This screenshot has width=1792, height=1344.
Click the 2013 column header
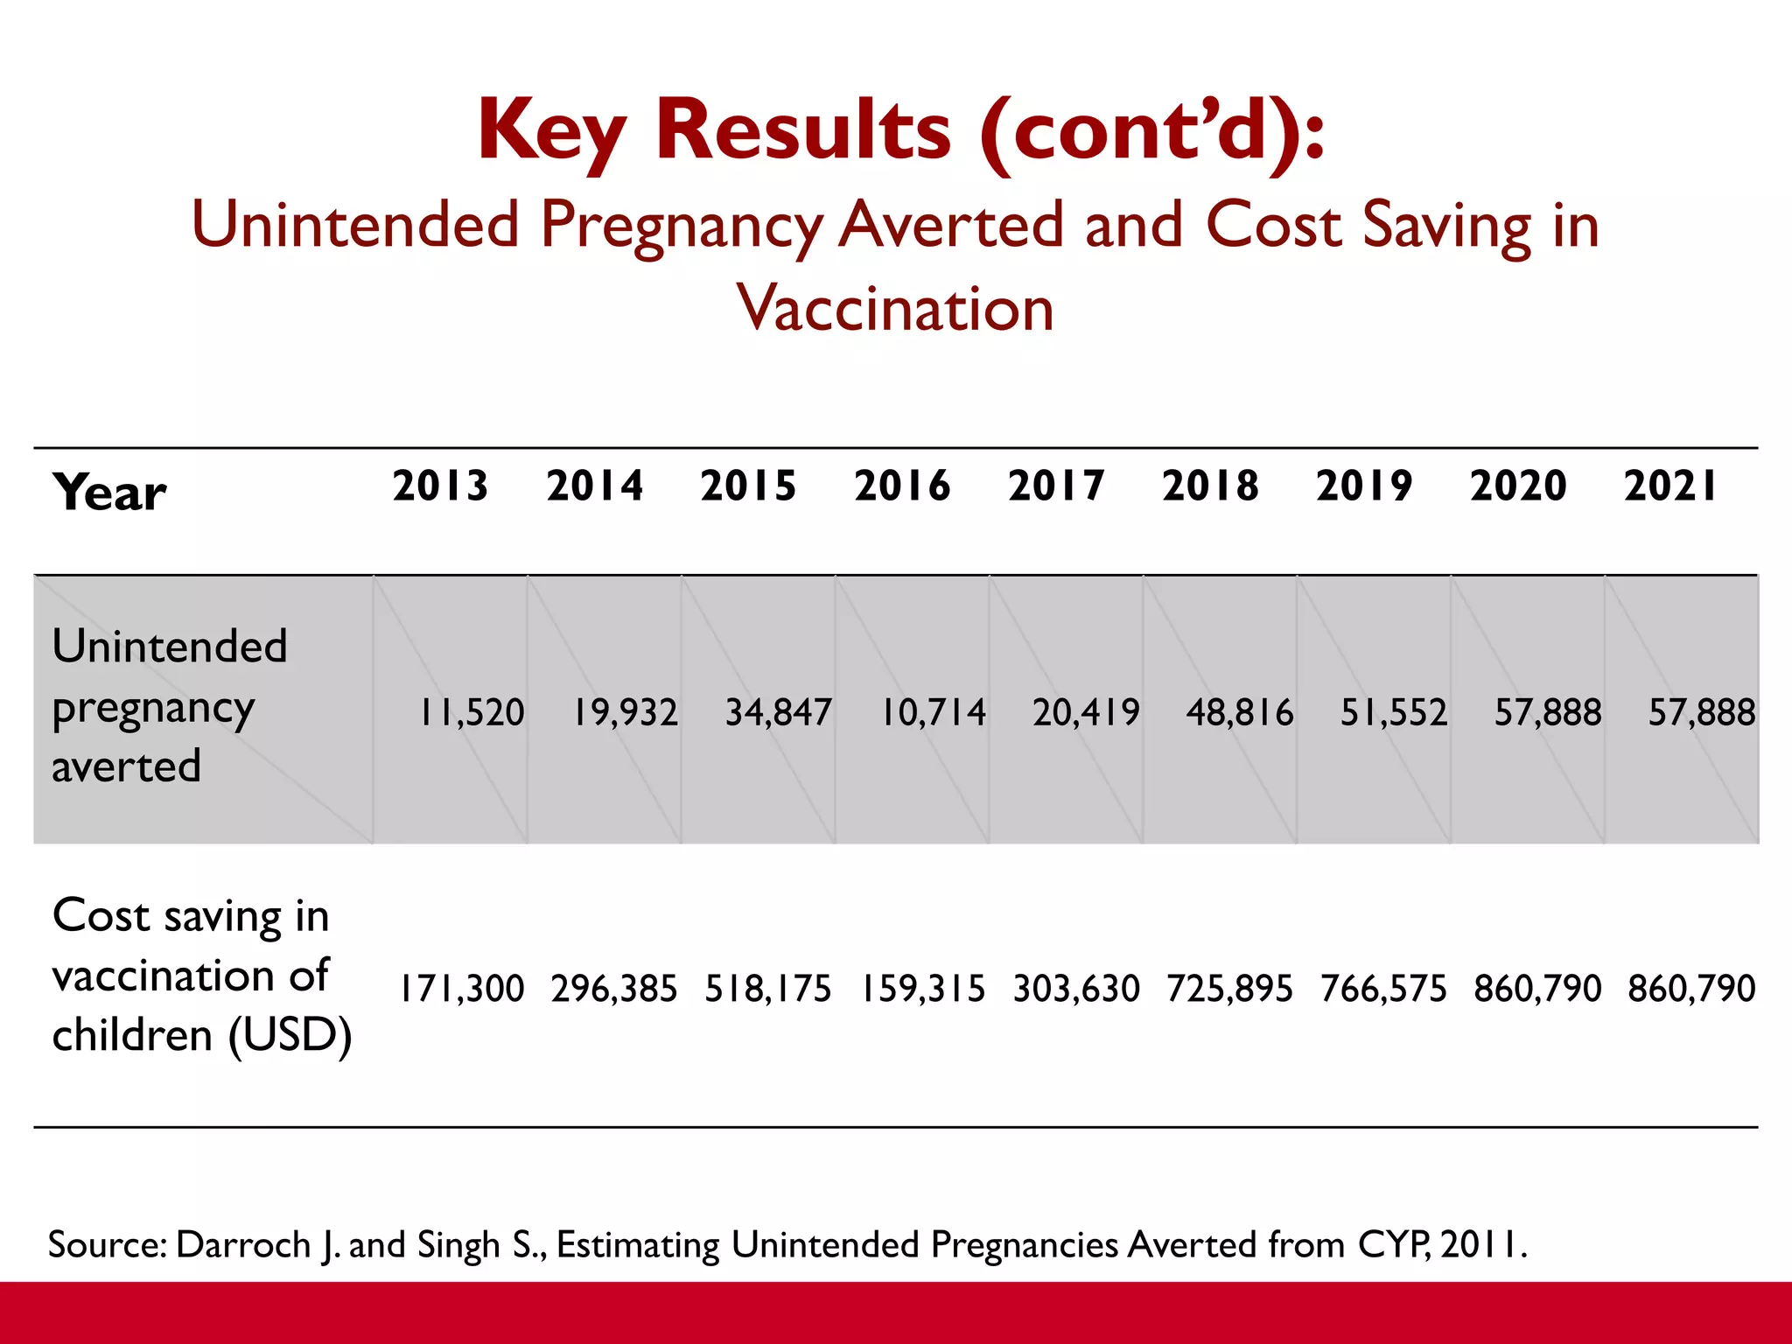(440, 486)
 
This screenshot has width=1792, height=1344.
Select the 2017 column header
(1056, 486)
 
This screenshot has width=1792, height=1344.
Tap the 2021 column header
(1670, 486)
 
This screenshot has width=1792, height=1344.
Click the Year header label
(109, 493)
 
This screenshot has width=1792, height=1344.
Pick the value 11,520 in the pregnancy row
(472, 712)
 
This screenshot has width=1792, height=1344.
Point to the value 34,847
(779, 712)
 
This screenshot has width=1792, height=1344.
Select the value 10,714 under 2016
(933, 712)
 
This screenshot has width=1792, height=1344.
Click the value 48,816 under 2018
(1240, 712)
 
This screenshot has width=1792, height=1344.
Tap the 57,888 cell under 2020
(1548, 712)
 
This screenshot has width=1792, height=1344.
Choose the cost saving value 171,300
(462, 989)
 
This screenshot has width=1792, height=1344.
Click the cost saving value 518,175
(768, 989)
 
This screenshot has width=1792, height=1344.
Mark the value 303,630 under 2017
(1076, 989)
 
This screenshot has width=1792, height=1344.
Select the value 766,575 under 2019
(1383, 989)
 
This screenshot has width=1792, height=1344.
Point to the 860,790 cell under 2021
(1691, 989)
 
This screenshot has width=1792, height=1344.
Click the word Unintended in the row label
(170, 647)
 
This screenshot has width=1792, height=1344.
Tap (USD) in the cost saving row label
(290, 1036)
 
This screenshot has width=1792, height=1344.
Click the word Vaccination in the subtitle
(895, 309)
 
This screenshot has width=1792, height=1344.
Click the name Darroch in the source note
(243, 1244)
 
